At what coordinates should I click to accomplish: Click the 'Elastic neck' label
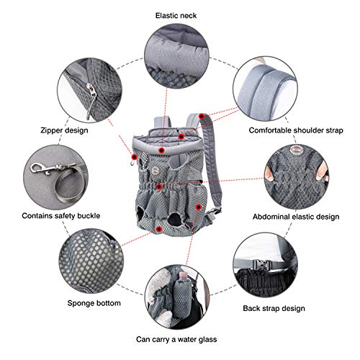[176, 16]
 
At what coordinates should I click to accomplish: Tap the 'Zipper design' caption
[64, 130]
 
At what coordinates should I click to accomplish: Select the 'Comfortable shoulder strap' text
[296, 130]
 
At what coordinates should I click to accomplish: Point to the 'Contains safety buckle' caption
[61, 215]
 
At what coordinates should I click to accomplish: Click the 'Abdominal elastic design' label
[296, 217]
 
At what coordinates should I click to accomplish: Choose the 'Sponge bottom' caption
[94, 303]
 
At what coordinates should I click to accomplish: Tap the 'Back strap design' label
[274, 308]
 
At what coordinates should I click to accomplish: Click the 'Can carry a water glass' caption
[176, 339]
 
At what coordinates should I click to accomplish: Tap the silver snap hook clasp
[45, 168]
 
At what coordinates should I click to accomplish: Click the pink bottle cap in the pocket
[183, 274]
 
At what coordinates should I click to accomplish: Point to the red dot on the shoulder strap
[202, 117]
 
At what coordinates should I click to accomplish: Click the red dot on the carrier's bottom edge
[158, 229]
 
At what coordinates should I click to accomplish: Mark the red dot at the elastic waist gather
[159, 186]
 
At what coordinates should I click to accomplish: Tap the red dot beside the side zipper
[135, 157]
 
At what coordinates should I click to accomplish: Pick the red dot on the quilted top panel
[181, 137]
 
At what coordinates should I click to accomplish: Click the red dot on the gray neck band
[161, 150]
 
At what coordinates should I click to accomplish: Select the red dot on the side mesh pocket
[198, 207]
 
